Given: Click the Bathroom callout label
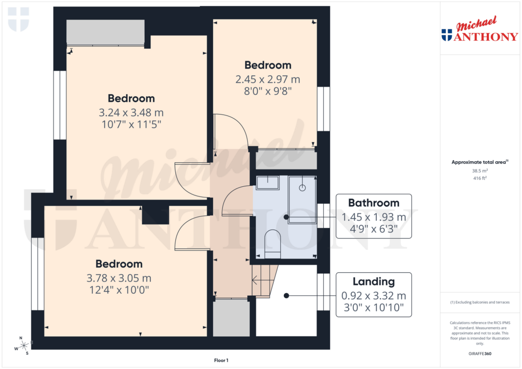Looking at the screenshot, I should coord(374,203).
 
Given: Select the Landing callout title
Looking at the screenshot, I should coord(374,281).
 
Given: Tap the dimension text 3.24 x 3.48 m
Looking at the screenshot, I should coord(131,112).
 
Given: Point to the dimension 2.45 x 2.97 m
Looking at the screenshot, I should coord(268,79).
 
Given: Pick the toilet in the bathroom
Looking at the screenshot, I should coord(273,242).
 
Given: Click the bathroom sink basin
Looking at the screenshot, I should coord(267,182).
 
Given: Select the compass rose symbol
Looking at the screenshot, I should coord(23,346).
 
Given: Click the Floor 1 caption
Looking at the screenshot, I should coord(221,360).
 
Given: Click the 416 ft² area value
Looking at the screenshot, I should coord(480,179).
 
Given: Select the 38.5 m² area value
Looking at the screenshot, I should coord(480,171).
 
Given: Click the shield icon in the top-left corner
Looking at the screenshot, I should coord(18,19).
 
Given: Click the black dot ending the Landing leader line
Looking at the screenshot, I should coord(286,295).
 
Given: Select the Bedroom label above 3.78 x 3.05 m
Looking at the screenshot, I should coord(119,264).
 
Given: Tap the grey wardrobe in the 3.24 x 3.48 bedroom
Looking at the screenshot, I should coord(106,33).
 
